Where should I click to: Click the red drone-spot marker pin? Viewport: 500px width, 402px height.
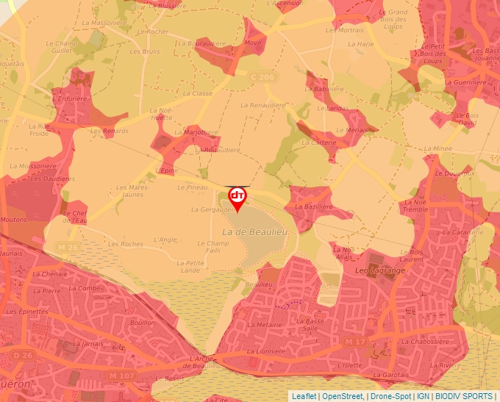click(238, 198)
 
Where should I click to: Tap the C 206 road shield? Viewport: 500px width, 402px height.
click(262, 76)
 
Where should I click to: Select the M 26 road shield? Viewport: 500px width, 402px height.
click(67, 247)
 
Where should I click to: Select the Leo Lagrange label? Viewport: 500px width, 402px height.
click(380, 270)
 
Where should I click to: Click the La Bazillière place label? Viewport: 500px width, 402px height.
click(315, 207)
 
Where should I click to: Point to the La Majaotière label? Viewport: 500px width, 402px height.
click(200, 132)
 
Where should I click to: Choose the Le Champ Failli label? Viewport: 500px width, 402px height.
click(213, 247)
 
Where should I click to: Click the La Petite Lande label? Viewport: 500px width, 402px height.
click(190, 266)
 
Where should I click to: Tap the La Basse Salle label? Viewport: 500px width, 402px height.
click(310, 324)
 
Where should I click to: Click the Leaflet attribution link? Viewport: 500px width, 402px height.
click(304, 396)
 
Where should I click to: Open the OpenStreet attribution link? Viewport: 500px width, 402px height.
click(343, 396)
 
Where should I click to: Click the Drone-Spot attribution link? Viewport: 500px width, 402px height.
click(392, 396)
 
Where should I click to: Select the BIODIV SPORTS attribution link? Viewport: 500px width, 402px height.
click(464, 396)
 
